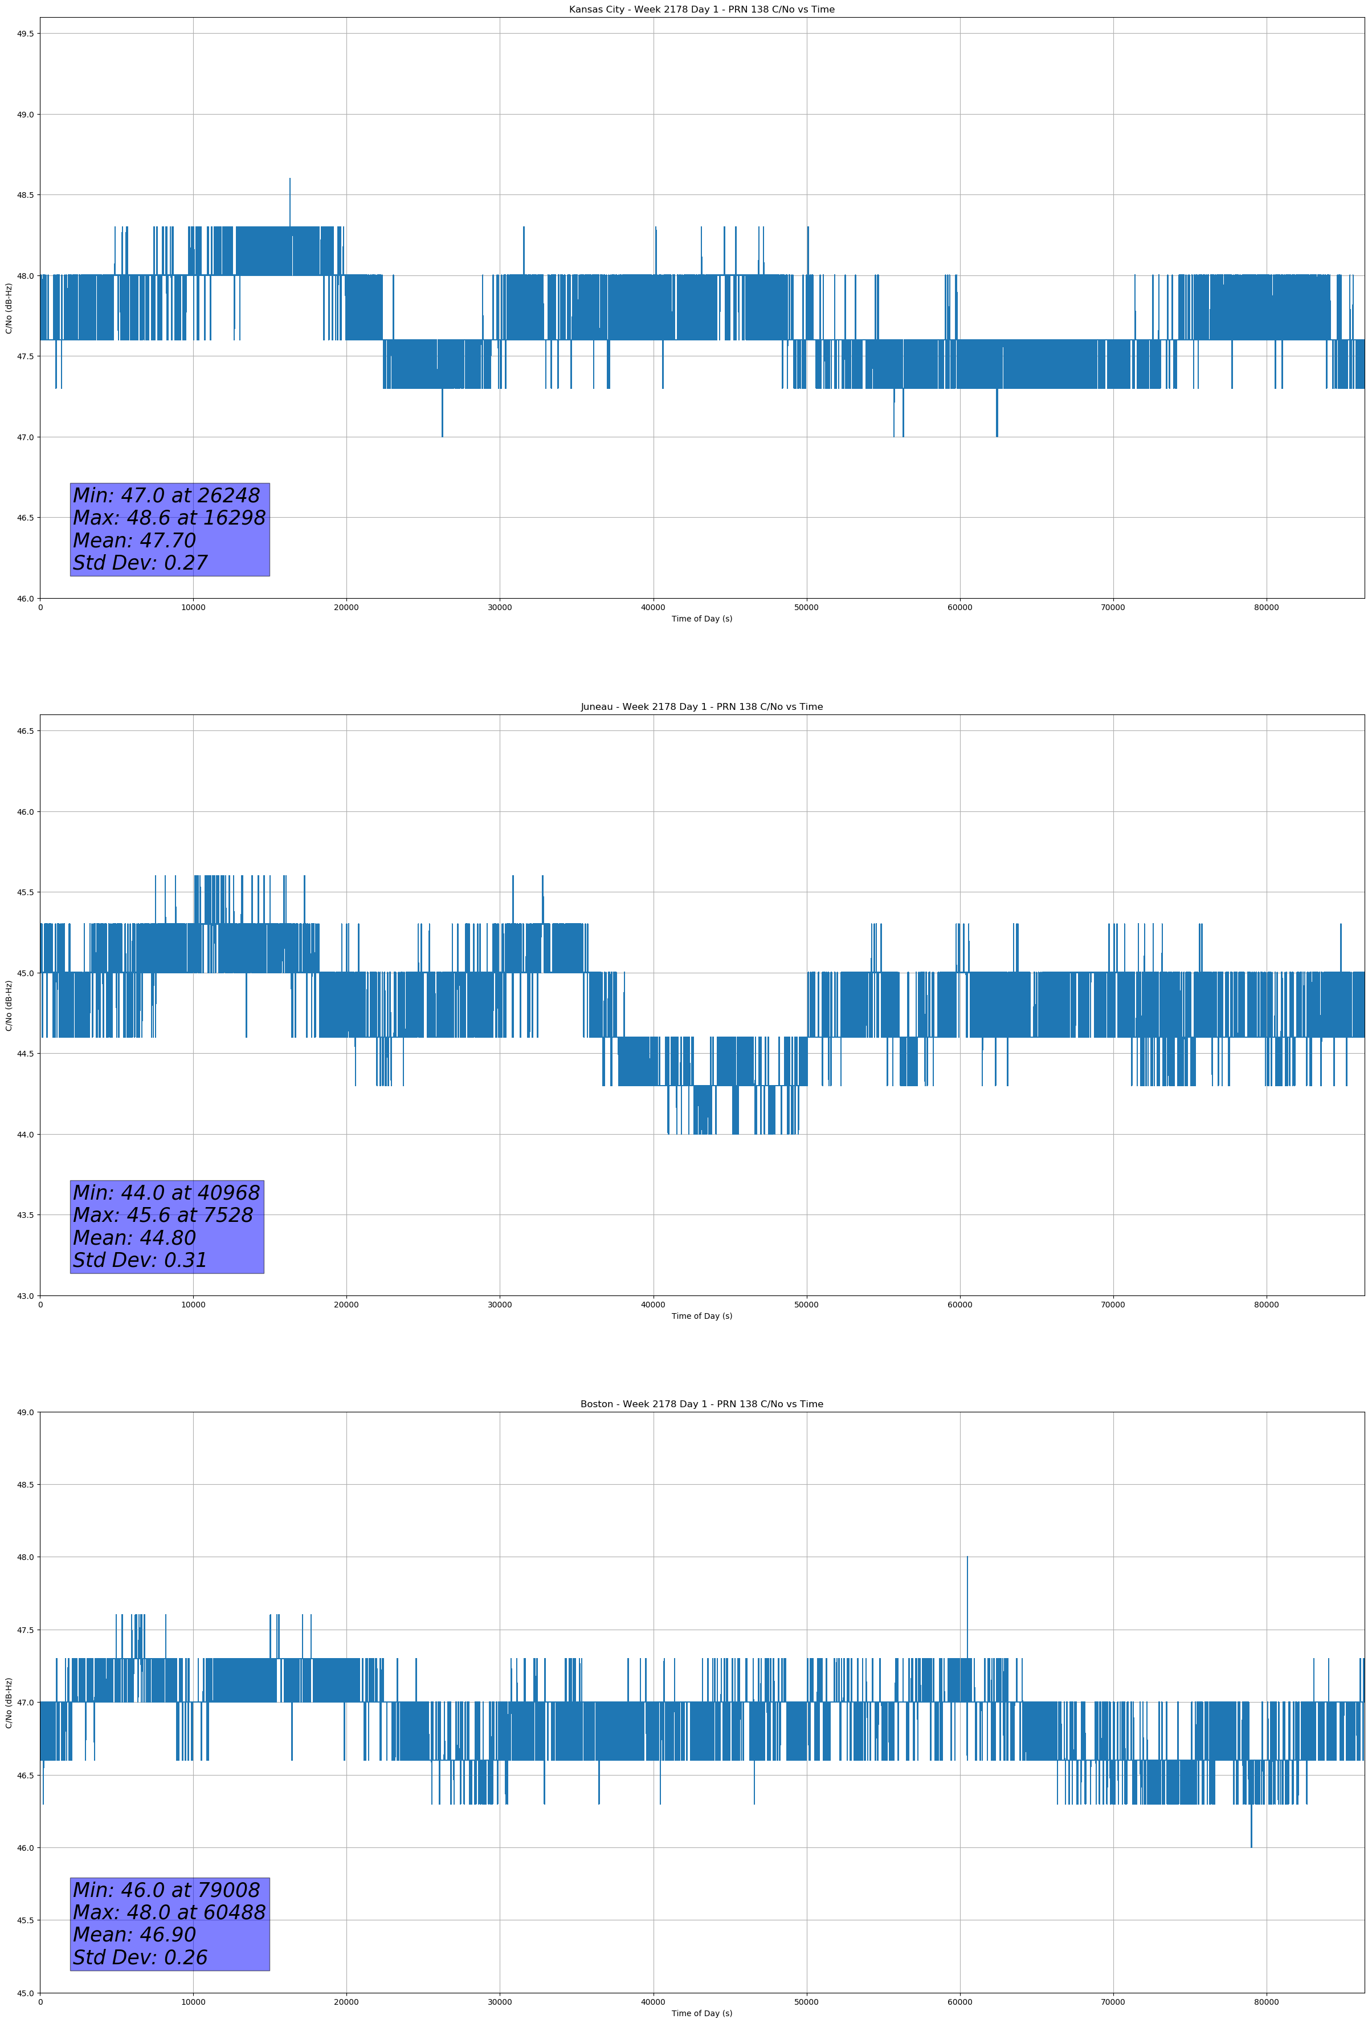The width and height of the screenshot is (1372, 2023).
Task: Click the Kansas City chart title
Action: click(701, 10)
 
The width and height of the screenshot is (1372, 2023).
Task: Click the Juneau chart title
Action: click(701, 707)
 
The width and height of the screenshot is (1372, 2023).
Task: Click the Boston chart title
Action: click(701, 1404)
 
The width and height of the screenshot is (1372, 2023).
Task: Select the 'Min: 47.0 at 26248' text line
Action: click(166, 495)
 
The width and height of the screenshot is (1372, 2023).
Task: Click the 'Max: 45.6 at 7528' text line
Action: click(163, 1215)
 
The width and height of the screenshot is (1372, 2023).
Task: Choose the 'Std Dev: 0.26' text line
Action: click(140, 1957)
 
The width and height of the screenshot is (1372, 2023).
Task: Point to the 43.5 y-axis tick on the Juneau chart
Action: click(24, 1215)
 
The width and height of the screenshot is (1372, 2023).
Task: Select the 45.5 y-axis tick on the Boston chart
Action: click(24, 1920)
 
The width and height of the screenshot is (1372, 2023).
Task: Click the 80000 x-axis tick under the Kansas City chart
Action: click(1266, 608)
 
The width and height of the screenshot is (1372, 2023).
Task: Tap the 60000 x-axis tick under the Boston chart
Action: click(959, 2002)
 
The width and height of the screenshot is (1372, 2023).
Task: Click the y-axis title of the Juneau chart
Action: click(9, 1005)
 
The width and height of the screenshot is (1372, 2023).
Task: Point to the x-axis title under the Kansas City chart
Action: click(701, 619)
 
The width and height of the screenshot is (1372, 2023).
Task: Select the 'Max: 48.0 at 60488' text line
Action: click(169, 1912)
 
